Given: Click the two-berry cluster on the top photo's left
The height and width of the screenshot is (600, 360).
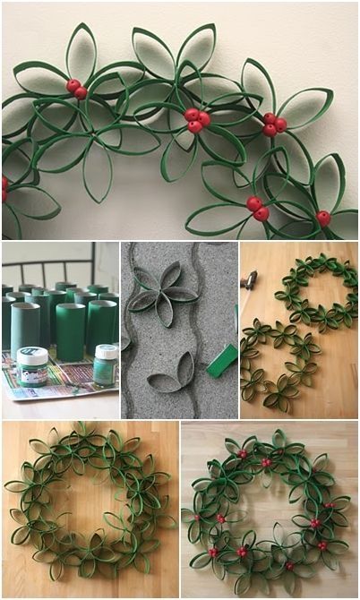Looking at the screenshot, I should [76, 88].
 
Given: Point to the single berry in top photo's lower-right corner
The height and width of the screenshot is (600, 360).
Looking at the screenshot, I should [323, 218].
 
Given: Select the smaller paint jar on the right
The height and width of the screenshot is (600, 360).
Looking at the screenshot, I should [105, 365].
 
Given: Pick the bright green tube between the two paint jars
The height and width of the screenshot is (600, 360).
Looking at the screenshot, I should [70, 331].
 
